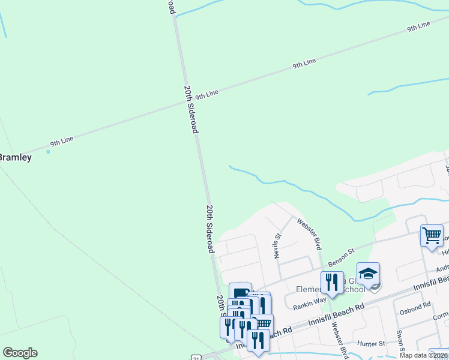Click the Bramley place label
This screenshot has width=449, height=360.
[15, 157]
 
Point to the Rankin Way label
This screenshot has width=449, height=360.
[310, 305]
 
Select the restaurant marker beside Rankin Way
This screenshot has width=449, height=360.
[331, 283]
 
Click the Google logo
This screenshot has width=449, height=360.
[20, 352]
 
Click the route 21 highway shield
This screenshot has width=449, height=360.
[196, 358]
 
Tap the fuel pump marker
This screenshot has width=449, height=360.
[240, 293]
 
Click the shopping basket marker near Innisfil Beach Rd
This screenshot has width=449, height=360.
[262, 324]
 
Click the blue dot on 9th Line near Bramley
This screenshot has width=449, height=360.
[48, 151]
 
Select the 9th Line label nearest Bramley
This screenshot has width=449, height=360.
[62, 142]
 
